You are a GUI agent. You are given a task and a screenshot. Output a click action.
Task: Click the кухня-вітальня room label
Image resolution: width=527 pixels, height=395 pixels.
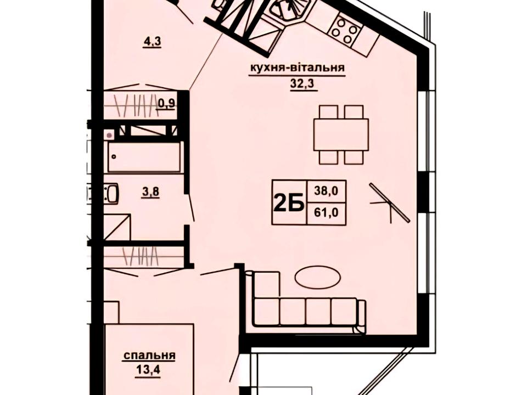point(297,68)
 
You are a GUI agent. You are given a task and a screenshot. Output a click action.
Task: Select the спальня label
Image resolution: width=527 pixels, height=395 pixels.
point(149,356)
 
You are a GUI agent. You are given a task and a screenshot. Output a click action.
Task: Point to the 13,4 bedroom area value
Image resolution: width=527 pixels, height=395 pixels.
point(148,370)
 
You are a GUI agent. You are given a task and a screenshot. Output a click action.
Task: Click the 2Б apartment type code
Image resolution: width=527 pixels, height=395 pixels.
point(289,203)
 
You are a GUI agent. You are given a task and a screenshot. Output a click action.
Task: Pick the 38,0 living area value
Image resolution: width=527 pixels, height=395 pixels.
point(326,191)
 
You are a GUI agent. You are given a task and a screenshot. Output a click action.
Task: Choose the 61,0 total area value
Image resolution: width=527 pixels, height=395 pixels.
point(326,213)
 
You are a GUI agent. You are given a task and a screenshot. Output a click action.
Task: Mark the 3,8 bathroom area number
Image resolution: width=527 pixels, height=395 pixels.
point(150,193)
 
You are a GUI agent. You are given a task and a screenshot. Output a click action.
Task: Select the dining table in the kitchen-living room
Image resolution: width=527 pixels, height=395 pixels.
point(341,134)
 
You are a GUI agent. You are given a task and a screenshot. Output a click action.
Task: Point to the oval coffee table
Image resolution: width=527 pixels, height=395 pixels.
point(318,277)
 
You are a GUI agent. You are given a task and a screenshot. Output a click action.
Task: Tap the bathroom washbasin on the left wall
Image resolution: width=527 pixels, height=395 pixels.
point(111,194)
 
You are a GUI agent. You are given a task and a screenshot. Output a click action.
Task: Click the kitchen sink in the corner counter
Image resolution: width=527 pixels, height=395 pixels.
point(287,9)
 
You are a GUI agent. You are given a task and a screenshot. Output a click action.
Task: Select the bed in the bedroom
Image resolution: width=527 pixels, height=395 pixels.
point(149,359)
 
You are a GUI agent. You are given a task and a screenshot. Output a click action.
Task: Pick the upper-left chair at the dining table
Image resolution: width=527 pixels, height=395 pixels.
point(328,112)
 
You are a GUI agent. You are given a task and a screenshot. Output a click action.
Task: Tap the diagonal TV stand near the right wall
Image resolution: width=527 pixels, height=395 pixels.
point(390,203)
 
